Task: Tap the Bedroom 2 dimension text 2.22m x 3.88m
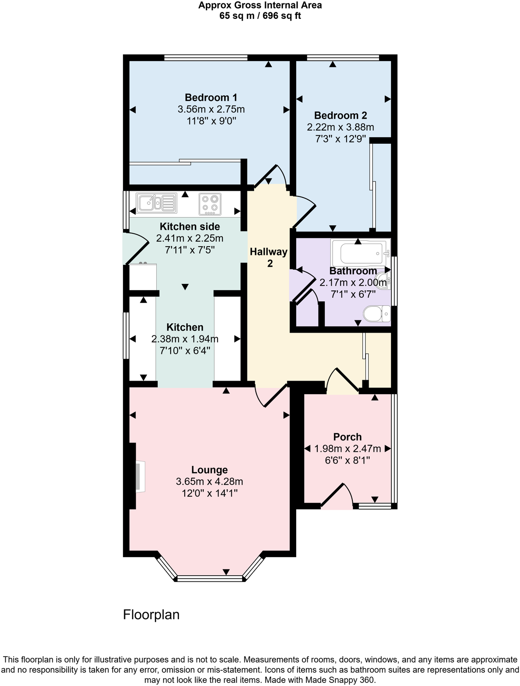pos(340,127)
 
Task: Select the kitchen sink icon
pos(156,203)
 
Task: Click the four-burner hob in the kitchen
pos(209,204)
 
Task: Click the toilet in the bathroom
pos(377,314)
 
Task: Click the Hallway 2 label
pos(269,257)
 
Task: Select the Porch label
pos(348,437)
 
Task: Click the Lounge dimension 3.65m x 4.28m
pos(209,482)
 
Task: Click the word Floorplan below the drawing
pos(151,614)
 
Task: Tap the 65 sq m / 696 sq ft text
pos(260,16)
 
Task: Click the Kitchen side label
pos(190,227)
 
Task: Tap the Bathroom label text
pos(353,271)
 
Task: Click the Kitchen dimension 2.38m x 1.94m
pos(185,339)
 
